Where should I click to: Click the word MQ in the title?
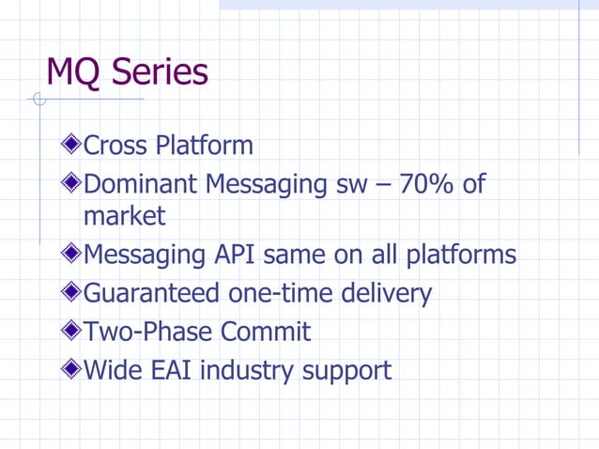(73, 72)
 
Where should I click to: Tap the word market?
(124, 217)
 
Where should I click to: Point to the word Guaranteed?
(153, 294)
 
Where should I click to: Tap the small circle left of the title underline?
(38, 100)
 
